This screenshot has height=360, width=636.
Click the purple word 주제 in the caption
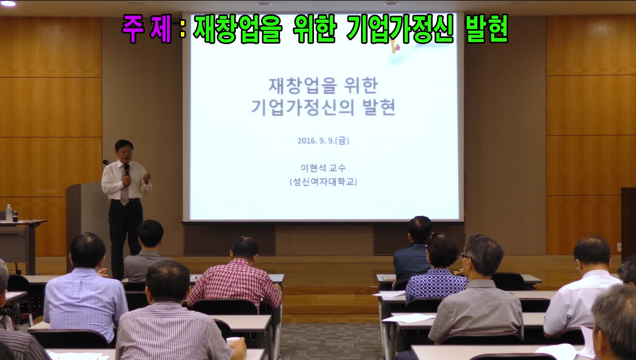coord(147,28)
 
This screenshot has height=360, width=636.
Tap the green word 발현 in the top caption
coord(487,28)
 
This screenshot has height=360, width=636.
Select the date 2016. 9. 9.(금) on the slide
coord(323,141)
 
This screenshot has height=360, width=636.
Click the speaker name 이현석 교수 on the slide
coord(323,168)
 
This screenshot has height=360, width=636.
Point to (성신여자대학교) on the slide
coord(323,182)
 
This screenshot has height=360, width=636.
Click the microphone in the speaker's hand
coord(127,170)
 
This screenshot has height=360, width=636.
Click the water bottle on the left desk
coord(9,214)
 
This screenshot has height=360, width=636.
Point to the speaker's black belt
coord(126,200)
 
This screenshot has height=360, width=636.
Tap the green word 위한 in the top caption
coord(315,28)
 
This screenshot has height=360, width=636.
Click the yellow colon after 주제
coord(183,28)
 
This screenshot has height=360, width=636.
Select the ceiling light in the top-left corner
coord(7,3)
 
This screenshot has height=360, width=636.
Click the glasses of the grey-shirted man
coord(464,256)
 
